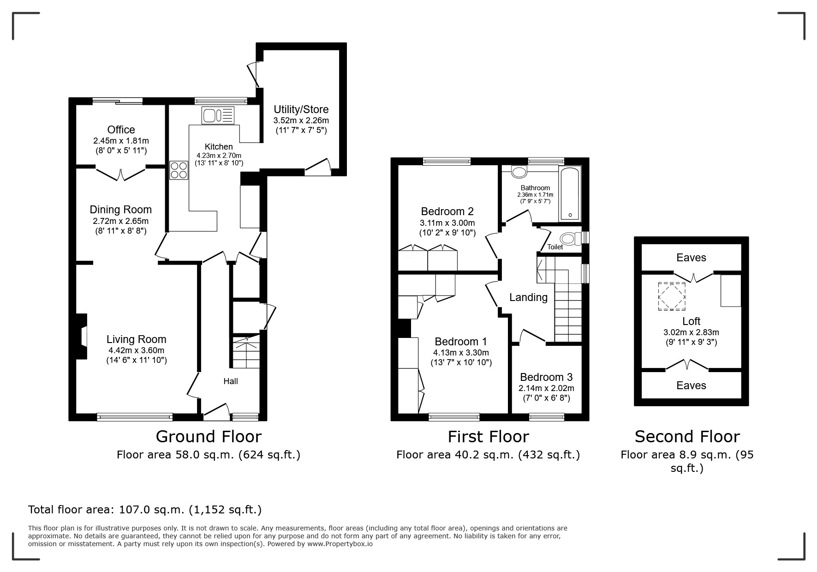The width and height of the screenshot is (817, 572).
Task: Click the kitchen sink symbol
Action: (218, 115)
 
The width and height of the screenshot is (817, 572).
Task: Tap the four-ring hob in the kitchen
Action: (179, 169)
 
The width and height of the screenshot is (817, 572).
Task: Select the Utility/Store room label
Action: (301, 109)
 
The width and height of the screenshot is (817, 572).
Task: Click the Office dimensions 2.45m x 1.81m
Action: (121, 141)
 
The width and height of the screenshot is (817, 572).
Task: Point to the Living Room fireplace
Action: (82, 337)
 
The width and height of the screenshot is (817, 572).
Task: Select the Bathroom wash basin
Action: (519, 173)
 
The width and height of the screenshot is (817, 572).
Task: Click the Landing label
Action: (528, 297)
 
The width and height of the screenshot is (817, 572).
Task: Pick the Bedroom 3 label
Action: (546, 377)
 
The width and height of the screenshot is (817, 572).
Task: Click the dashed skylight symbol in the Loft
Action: (671, 296)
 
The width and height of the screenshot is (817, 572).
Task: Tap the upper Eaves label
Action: (691, 258)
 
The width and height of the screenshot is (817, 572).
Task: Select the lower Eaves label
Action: (691, 385)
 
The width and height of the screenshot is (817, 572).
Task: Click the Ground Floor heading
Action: (209, 436)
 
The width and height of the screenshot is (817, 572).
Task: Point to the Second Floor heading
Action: (687, 436)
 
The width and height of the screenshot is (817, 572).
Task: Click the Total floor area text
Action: (145, 510)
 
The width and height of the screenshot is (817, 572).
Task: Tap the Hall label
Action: (231, 381)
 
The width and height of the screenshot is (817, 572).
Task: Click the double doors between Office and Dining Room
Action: (121, 174)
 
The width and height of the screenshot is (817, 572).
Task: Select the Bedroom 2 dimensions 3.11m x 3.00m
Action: (447, 223)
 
